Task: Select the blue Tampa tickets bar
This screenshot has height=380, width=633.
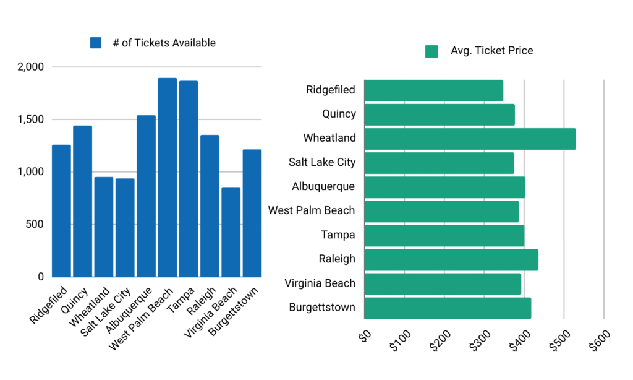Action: [189, 179]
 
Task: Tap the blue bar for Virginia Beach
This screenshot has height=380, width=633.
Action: [231, 232]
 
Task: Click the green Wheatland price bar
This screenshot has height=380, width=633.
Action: [470, 139]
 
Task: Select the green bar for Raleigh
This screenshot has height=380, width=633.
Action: [451, 259]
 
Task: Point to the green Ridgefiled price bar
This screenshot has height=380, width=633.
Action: [433, 90]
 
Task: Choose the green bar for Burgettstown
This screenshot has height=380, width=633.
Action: [448, 308]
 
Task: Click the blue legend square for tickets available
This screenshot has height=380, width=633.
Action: [95, 43]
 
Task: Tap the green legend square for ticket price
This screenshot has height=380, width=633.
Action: [431, 51]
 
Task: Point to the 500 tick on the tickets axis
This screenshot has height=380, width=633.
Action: [35, 224]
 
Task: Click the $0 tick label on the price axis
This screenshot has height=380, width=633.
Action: [365, 336]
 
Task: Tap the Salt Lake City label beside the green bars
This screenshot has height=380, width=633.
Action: [322, 163]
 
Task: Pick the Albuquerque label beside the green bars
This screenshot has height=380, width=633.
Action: [323, 187]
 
